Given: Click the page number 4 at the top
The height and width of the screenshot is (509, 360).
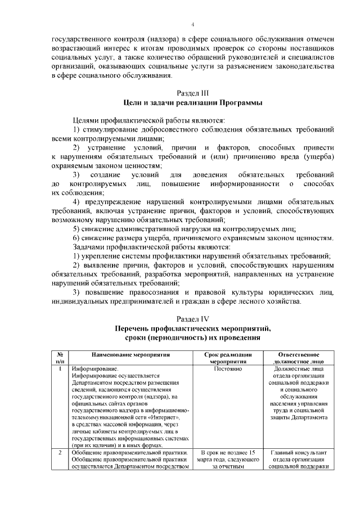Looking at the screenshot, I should (x=192, y=25).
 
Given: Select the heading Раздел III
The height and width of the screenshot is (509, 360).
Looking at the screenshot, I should (x=192, y=93).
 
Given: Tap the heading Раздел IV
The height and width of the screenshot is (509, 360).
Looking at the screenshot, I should (x=192, y=318).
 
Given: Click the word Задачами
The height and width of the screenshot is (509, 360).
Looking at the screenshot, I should (x=92, y=246).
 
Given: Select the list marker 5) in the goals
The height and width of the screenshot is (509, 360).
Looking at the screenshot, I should (x=78, y=228).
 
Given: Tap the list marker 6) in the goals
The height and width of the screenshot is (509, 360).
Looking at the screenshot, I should (x=78, y=237).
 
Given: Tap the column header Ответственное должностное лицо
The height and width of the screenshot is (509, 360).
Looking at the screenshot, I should (x=299, y=359).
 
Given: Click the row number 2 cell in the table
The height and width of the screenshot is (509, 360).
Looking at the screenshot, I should (x=60, y=452).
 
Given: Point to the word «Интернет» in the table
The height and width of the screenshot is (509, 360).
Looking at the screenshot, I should (x=164, y=420).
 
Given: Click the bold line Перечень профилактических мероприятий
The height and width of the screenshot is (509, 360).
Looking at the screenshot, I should (x=192, y=328).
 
